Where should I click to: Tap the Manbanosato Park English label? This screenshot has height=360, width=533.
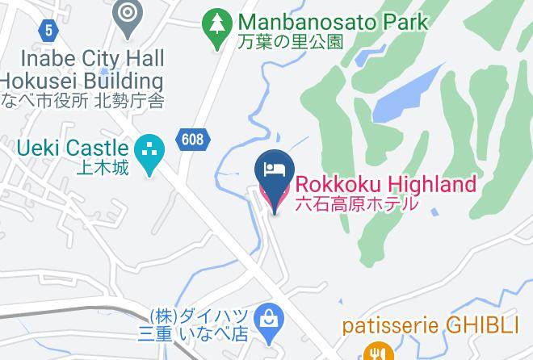[332, 22]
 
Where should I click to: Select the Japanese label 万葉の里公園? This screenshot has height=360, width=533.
[292, 41]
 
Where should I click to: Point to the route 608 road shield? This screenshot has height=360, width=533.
[192, 139]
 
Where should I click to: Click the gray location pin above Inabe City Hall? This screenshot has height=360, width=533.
[128, 15]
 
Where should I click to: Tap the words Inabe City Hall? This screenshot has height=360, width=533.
[92, 58]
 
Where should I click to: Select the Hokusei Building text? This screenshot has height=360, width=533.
[82, 81]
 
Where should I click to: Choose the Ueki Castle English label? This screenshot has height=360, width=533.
[73, 148]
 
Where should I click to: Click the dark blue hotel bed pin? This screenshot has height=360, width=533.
[273, 172]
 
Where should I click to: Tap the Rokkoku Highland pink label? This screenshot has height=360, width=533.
[384, 185]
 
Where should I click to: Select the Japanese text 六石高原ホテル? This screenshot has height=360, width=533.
[357, 203]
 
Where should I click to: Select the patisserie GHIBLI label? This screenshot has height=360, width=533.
[429, 326]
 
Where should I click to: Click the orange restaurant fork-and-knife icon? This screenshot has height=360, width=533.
[376, 351]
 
